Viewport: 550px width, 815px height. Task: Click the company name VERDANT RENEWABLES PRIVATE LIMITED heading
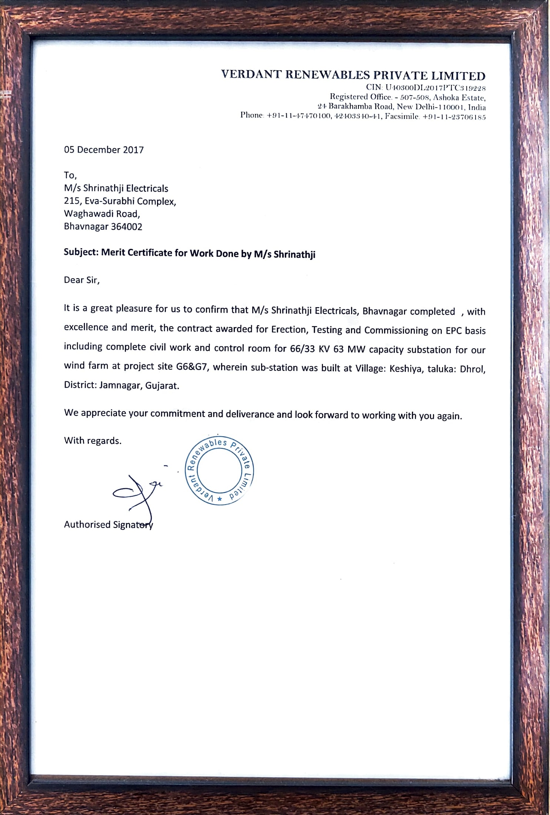(353, 75)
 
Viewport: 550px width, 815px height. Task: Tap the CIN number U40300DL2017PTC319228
(435, 88)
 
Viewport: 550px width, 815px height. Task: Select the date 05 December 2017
(104, 150)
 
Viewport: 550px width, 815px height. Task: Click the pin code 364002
(126, 227)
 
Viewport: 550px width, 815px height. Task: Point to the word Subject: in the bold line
(81, 252)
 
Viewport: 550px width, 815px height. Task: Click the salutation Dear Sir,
(82, 280)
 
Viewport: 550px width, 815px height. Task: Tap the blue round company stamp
(219, 470)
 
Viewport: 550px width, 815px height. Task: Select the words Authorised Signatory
(108, 525)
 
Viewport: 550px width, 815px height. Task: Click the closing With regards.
(93, 441)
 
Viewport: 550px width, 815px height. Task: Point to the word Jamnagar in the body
(120, 385)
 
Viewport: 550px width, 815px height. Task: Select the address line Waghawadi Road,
(102, 214)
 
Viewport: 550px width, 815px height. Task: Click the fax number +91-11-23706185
(454, 117)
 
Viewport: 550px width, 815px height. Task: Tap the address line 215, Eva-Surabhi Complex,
(120, 201)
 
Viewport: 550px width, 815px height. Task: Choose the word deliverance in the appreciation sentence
(250, 414)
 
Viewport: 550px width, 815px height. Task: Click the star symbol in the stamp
(220, 499)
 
